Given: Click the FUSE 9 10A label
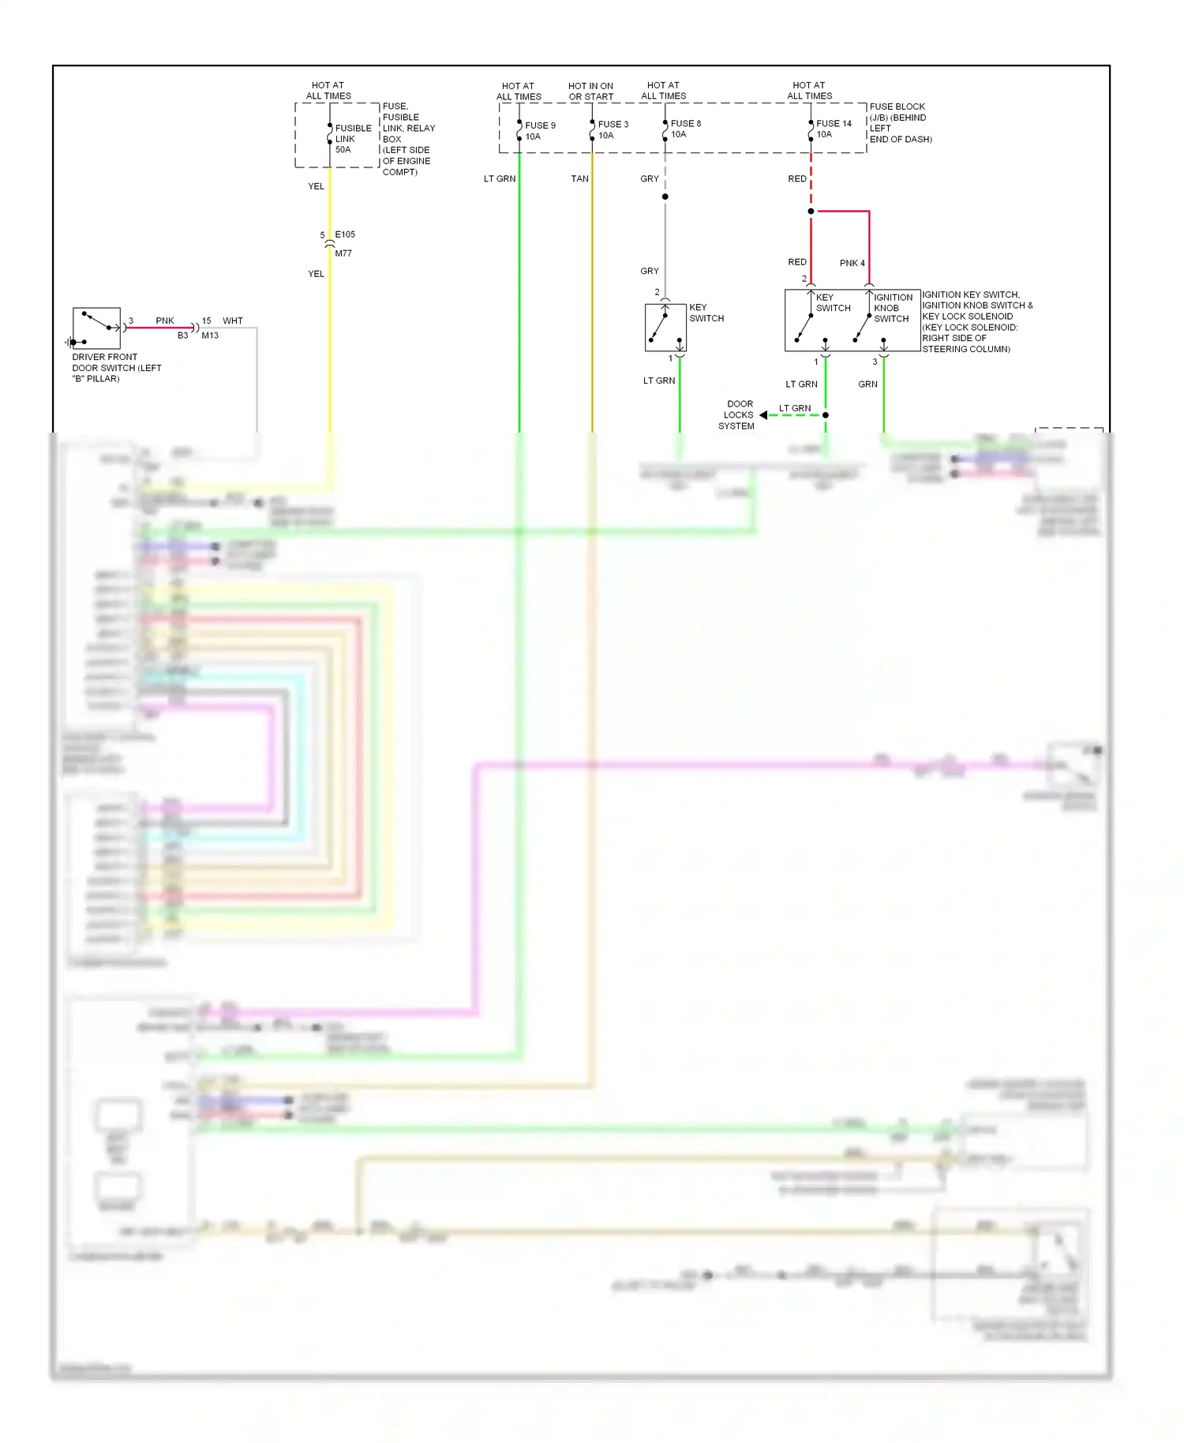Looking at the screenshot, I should (540, 131).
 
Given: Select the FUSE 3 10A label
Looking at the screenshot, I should (613, 129).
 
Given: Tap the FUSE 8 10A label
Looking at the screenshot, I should (685, 129).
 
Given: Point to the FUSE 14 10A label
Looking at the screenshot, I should (833, 129).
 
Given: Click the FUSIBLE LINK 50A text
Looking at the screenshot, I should (352, 139).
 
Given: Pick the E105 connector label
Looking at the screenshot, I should (345, 234).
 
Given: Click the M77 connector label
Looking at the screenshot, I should (343, 253).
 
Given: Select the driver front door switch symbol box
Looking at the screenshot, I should (96, 328).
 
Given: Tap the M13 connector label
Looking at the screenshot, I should (210, 335).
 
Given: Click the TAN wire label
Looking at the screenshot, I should (579, 179).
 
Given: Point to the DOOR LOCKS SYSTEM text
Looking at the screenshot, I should (738, 415).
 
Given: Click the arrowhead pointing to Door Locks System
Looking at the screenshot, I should (763, 415).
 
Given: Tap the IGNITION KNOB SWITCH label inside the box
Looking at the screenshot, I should (892, 308).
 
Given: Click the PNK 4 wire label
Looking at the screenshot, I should (852, 263).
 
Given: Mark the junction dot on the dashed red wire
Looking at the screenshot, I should (811, 212).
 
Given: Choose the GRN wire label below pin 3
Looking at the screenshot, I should (867, 384).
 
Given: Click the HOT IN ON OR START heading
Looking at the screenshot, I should (590, 92).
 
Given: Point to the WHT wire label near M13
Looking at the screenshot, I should (232, 320).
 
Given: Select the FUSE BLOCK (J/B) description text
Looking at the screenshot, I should (900, 123).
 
